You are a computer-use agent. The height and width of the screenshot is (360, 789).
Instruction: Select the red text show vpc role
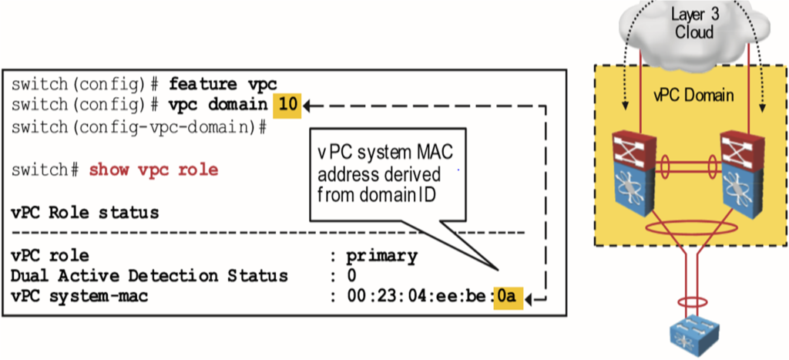pyautogui.click(x=153, y=170)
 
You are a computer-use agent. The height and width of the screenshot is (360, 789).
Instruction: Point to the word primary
pyautogui.click(x=381, y=255)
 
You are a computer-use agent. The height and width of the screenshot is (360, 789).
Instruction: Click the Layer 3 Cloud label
pyautogui.click(x=693, y=24)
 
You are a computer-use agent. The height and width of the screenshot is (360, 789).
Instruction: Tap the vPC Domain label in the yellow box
pyautogui.click(x=693, y=96)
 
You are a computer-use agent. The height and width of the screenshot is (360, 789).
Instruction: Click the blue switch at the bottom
pyautogui.click(x=693, y=332)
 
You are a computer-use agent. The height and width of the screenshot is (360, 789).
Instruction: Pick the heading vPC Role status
pyautogui.click(x=85, y=212)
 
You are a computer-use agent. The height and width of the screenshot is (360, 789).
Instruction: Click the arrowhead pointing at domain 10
pyautogui.click(x=309, y=104)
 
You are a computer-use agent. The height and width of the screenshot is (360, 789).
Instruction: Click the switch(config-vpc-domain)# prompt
pyautogui.click(x=139, y=126)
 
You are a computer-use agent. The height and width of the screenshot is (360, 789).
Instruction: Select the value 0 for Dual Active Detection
pyautogui.click(x=351, y=275)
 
